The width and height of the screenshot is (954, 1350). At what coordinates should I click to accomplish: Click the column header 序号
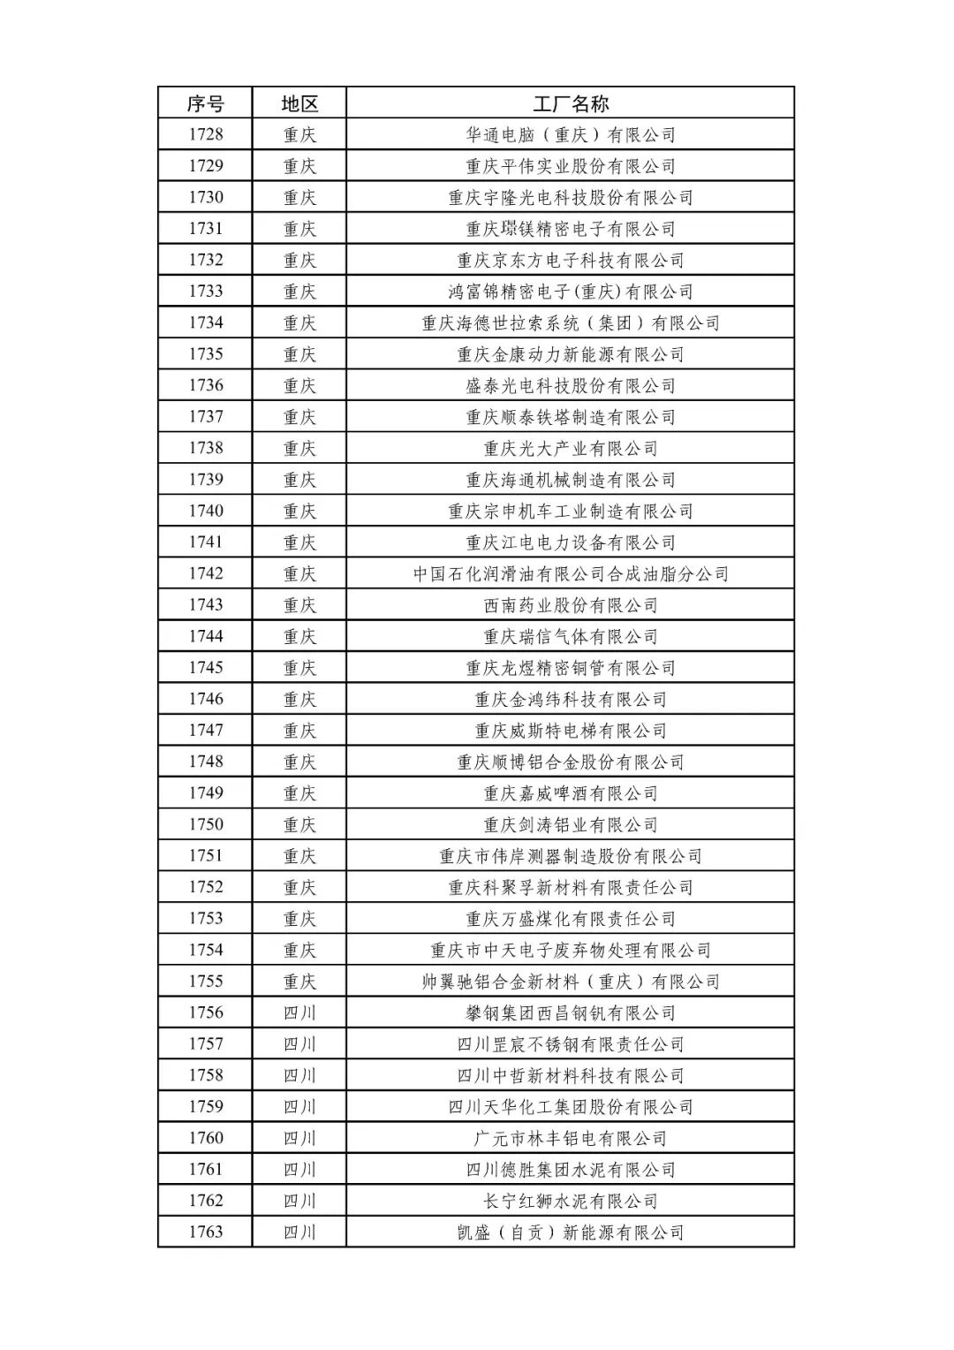point(205,103)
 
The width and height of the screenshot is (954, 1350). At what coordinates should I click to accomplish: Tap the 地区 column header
point(299,103)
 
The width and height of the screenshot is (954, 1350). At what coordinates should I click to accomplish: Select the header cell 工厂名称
point(571,103)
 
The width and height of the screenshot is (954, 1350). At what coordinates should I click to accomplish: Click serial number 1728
point(205,134)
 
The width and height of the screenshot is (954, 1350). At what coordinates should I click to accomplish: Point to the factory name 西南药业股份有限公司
point(571,605)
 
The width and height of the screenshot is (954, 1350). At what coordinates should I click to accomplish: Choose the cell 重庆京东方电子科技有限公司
point(571,260)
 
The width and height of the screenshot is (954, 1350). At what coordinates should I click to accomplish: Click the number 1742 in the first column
point(205,573)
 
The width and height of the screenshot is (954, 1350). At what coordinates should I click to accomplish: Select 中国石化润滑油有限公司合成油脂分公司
point(571,573)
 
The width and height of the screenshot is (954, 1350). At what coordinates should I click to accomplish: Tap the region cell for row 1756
point(299,1012)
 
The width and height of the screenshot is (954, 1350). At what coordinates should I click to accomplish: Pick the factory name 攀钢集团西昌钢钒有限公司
point(571,1012)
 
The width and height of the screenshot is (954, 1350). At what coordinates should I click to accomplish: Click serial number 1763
point(205,1232)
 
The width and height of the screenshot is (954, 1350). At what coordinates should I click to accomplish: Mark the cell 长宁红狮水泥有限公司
point(571,1201)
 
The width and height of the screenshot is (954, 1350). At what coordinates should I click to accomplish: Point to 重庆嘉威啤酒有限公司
point(571,793)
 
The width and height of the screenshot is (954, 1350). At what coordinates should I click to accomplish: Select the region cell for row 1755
point(299,982)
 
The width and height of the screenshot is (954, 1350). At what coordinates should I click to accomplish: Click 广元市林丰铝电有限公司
point(571,1138)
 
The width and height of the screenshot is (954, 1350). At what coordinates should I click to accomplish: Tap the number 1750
point(205,824)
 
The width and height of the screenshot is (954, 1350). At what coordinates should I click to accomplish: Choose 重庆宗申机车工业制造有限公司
point(571,511)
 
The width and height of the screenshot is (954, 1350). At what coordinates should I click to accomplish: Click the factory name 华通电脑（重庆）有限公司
point(571,134)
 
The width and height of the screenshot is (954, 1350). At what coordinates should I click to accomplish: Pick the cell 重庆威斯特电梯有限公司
point(571,731)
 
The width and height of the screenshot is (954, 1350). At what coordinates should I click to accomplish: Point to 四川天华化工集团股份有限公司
point(571,1106)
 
